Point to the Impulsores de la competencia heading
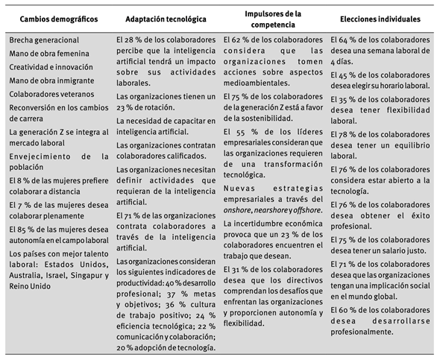click(274, 18)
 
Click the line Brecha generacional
click(44, 40)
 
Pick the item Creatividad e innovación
click(51, 67)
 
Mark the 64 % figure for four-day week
click(348, 39)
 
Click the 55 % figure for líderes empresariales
click(247, 131)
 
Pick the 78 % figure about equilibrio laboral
click(348, 133)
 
